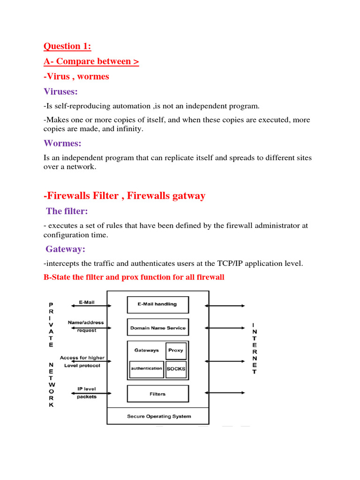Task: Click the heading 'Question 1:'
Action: pyautogui.click(x=67, y=46)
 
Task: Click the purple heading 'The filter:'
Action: pyautogui.click(x=67, y=211)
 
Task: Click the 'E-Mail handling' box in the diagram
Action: pyautogui.click(x=157, y=304)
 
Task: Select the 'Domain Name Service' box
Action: pyautogui.click(x=157, y=328)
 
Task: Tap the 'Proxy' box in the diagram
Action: pyautogui.click(x=176, y=350)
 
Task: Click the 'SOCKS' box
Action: pyautogui.click(x=176, y=369)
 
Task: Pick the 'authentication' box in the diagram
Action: pyautogui.click(x=146, y=369)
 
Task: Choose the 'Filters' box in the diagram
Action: pyautogui.click(x=157, y=394)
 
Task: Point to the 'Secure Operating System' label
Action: pyautogui.click(x=159, y=416)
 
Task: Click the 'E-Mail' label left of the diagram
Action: pyautogui.click(x=86, y=302)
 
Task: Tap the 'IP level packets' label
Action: pyautogui.click(x=86, y=393)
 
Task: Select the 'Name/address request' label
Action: pyautogui.click(x=86, y=326)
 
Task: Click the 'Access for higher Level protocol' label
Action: pyautogui.click(x=82, y=361)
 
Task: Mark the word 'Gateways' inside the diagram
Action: pyautogui.click(x=146, y=350)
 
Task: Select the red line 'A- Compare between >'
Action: pyautogui.click(x=91, y=61)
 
